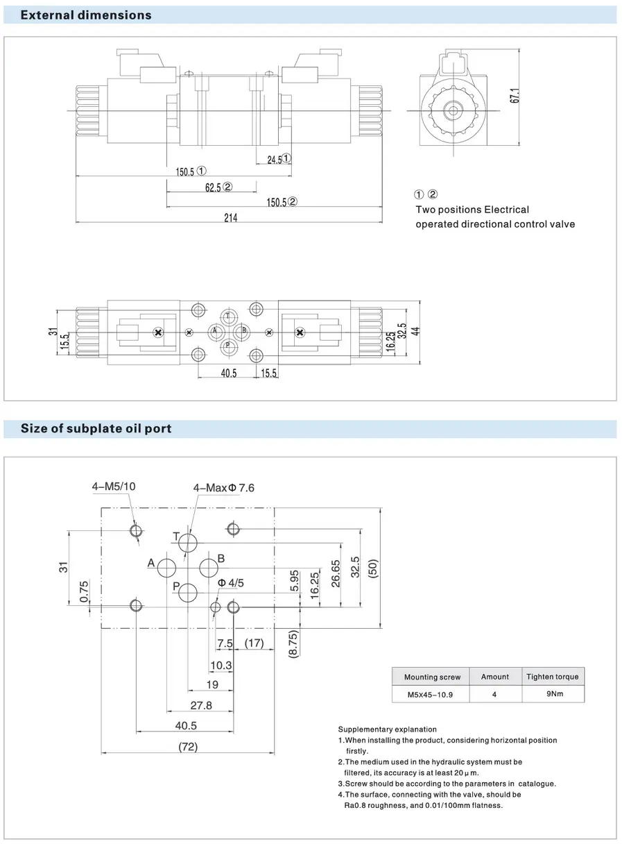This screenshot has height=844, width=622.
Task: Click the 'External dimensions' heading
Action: click(x=86, y=15)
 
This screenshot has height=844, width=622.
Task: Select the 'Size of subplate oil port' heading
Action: click(x=96, y=428)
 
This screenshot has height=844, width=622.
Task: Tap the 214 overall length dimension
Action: click(x=230, y=218)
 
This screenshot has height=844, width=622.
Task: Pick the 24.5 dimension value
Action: click(x=275, y=160)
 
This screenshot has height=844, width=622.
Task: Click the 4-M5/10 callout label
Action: click(x=114, y=487)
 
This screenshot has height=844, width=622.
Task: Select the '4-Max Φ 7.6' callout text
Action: click(x=223, y=488)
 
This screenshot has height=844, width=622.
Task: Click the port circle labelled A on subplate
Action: click(x=167, y=568)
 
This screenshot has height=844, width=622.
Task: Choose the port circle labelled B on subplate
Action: click(x=209, y=568)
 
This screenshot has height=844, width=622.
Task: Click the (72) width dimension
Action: click(x=188, y=747)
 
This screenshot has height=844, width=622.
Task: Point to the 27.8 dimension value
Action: click(x=200, y=706)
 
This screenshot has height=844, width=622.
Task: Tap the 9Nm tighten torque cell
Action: click(x=553, y=693)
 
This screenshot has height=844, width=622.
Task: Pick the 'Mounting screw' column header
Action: click(x=431, y=677)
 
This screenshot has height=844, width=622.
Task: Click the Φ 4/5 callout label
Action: click(x=231, y=583)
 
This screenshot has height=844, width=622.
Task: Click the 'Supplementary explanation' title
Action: click(x=387, y=729)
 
